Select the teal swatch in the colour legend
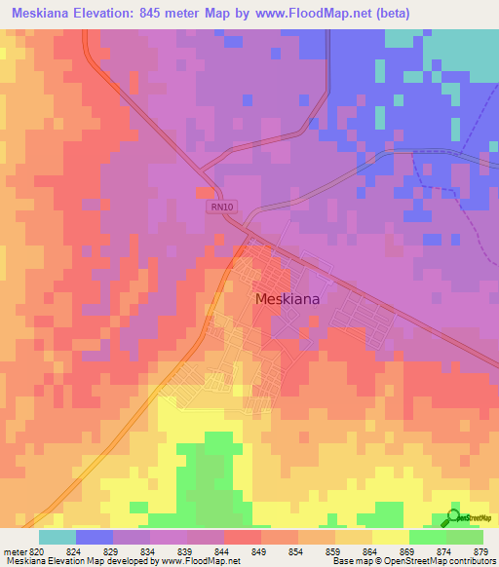(x=57, y=536)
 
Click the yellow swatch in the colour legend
(x=390, y=536)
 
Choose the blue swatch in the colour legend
(x=95, y=536)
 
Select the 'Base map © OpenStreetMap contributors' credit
(x=413, y=561)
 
